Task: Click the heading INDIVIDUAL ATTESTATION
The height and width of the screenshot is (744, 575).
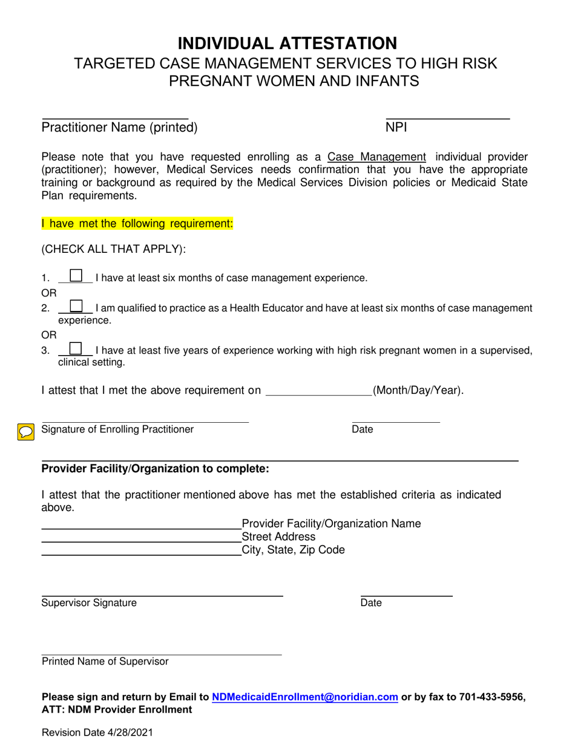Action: (287, 43)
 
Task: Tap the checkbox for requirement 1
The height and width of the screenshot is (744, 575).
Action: (76, 276)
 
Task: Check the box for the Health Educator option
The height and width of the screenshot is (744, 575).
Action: (76, 306)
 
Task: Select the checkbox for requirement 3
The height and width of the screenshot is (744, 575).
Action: (76, 348)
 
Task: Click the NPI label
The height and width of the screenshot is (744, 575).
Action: (396, 128)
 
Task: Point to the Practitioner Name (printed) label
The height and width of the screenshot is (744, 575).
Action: (119, 128)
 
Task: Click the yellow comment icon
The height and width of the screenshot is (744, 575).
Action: (25, 432)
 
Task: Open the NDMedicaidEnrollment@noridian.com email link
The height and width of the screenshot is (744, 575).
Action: (305, 697)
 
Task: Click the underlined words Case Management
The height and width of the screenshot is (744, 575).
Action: (376, 157)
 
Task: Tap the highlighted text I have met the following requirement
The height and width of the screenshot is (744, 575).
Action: (137, 224)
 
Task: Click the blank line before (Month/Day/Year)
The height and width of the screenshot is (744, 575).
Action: (319, 391)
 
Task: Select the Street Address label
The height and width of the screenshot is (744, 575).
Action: (278, 537)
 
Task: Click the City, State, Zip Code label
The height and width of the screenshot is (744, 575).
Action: (293, 550)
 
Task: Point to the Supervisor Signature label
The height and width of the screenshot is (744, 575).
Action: (89, 602)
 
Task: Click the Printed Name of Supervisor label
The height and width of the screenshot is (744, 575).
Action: (105, 661)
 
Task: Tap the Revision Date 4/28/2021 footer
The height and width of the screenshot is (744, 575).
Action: (97, 733)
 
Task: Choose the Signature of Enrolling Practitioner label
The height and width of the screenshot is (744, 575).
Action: (117, 429)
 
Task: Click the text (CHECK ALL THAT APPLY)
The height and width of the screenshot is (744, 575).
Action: (114, 249)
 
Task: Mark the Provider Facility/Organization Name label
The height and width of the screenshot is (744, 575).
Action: (331, 523)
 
